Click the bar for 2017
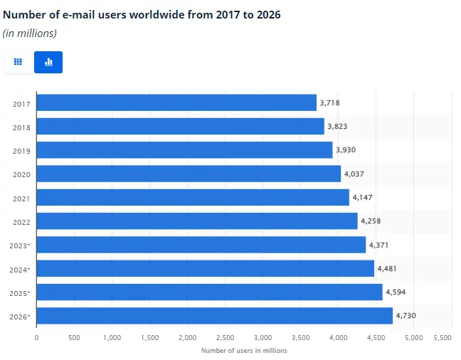[x=176, y=102]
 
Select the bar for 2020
[x=188, y=174]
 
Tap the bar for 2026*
[x=214, y=316]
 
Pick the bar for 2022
[x=196, y=221]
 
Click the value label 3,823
[x=337, y=127]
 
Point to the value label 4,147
[x=362, y=197]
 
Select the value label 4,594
[x=395, y=292]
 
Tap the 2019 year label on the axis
[x=21, y=150]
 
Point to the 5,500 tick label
[x=443, y=337]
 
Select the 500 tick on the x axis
[x=74, y=337]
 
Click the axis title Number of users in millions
[x=244, y=350]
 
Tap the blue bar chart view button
[x=48, y=63]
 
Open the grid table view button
[x=18, y=63]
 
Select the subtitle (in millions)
[x=30, y=33]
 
